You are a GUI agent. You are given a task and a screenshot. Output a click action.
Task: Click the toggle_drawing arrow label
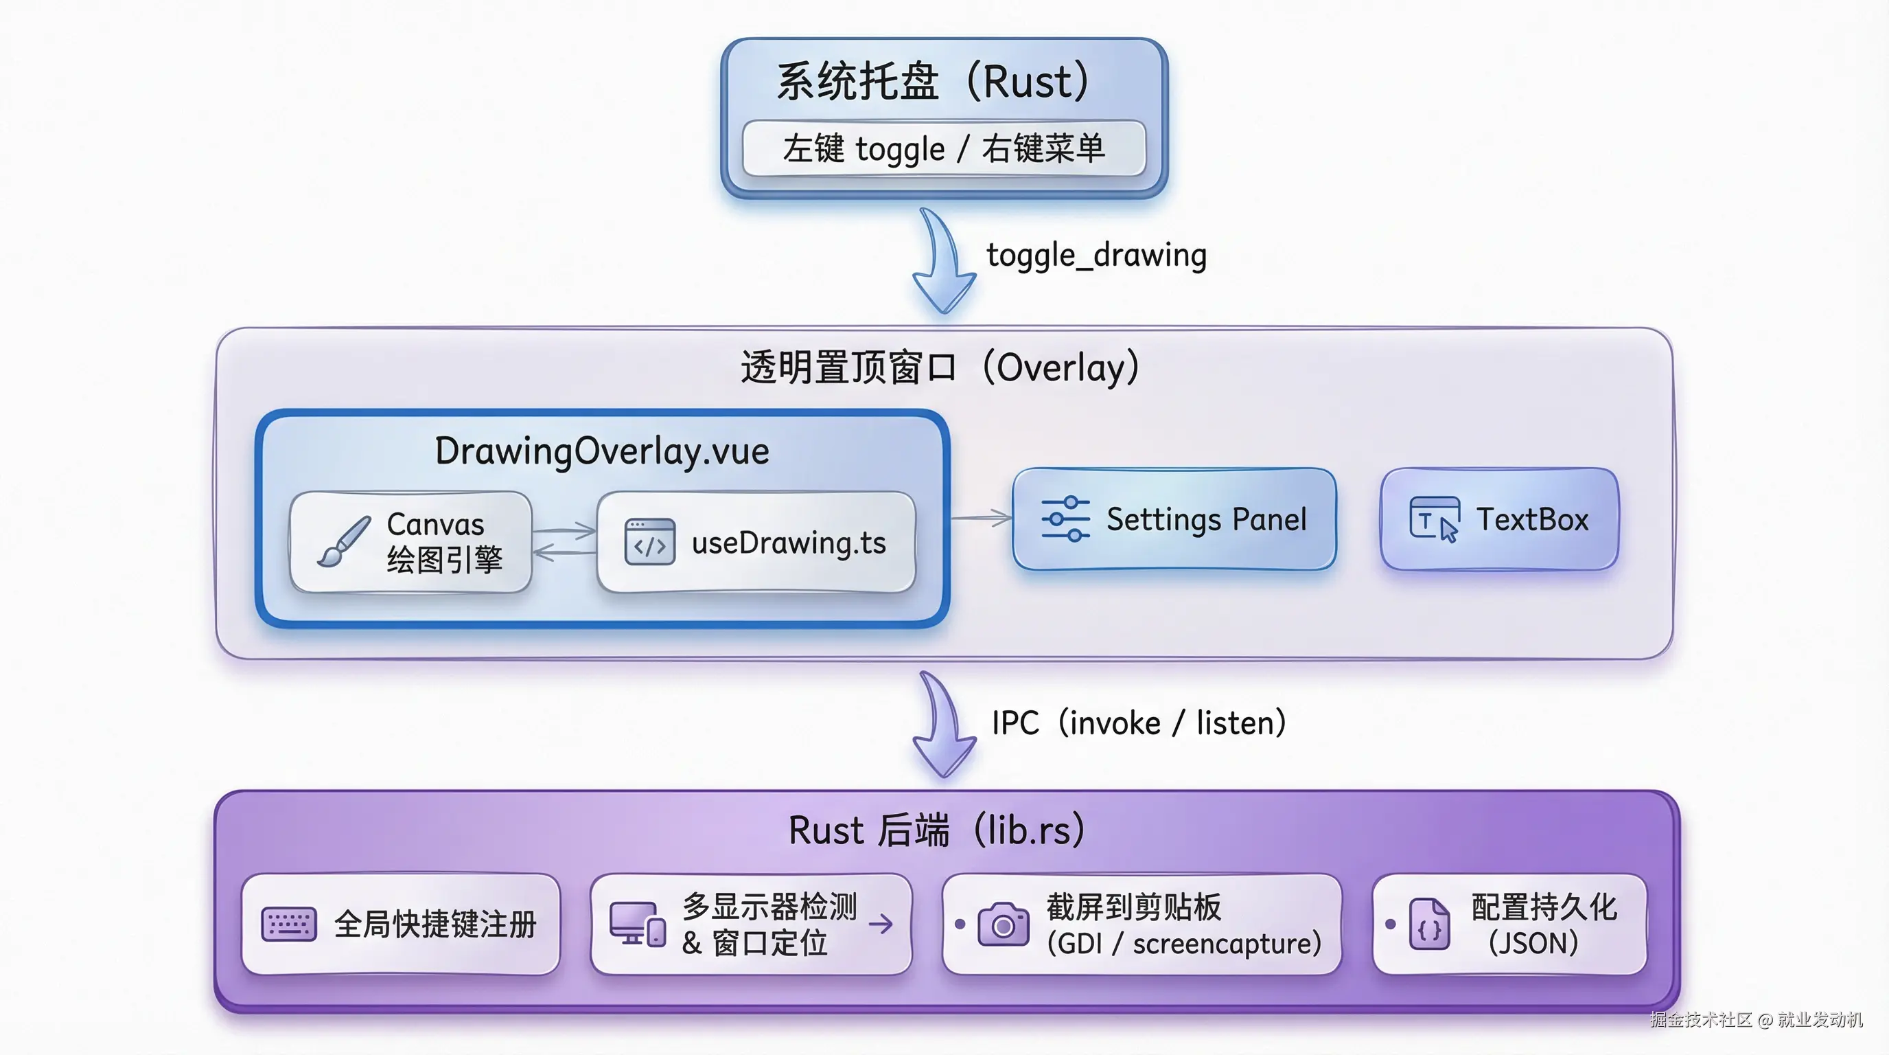click(1096, 256)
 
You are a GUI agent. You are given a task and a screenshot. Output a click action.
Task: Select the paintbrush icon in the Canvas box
click(343, 541)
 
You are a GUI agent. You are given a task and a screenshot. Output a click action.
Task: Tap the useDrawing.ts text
click(788, 543)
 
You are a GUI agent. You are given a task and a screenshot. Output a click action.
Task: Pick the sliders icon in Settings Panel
click(1065, 519)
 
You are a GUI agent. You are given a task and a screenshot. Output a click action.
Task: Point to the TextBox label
click(1532, 519)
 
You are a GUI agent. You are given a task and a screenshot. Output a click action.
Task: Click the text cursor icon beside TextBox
click(1434, 519)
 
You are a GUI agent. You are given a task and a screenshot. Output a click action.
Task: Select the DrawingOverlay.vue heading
click(601, 451)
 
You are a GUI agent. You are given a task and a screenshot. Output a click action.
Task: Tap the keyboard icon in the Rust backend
click(289, 924)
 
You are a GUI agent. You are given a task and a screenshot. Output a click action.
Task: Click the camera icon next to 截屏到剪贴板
click(1003, 924)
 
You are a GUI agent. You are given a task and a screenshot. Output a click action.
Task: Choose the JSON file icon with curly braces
click(1429, 924)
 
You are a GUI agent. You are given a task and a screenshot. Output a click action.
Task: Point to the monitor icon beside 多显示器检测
click(637, 924)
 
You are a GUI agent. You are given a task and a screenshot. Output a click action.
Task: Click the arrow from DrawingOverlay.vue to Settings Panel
click(981, 518)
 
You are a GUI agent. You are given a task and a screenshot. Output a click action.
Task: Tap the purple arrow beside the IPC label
click(944, 726)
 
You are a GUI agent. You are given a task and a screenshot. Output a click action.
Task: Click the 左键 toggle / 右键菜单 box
click(944, 149)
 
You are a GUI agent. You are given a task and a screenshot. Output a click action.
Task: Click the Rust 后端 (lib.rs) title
click(936, 830)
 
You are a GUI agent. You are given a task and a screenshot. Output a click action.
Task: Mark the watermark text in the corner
click(1756, 1019)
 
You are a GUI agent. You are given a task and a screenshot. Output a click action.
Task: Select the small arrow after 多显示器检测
click(881, 924)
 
